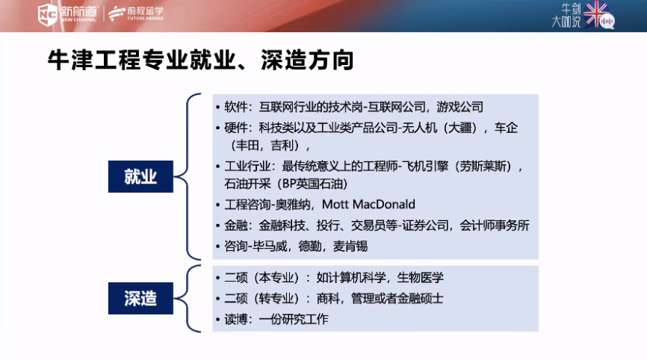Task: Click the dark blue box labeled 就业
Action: (x=140, y=176)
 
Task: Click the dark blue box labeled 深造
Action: (x=140, y=298)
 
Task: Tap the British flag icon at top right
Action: (x=595, y=13)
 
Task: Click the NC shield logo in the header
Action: (x=48, y=14)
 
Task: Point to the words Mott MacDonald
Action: (x=368, y=204)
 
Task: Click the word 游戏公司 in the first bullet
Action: (x=460, y=108)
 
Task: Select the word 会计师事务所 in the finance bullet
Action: (x=495, y=225)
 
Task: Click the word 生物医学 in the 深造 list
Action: (x=420, y=277)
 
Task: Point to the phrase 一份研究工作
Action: (x=294, y=319)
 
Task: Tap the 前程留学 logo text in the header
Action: (x=145, y=11)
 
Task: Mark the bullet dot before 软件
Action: (x=218, y=108)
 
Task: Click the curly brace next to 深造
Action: (x=187, y=298)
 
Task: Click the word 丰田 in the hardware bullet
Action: (x=247, y=146)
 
